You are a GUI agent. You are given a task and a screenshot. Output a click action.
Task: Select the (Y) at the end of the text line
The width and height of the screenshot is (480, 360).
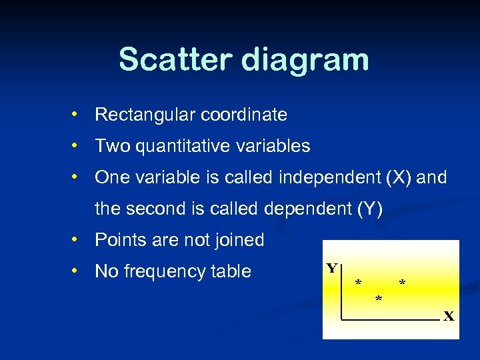(x=370, y=209)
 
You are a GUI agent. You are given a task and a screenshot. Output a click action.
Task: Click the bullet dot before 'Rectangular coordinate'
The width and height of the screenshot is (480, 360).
(x=77, y=115)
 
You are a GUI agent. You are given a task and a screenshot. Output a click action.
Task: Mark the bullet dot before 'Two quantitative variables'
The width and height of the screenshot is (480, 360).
(x=77, y=145)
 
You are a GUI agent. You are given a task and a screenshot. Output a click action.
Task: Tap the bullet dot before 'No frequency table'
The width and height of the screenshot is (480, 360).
(x=77, y=271)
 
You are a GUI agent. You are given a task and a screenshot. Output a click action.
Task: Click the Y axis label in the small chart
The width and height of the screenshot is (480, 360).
(x=331, y=269)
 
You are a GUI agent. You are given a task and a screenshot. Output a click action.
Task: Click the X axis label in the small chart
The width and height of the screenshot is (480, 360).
(x=449, y=316)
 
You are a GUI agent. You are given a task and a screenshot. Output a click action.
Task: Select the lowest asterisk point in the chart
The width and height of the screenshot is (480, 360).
(x=379, y=299)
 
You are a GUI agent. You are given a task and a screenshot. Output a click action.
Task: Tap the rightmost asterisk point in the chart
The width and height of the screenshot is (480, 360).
(x=402, y=283)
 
